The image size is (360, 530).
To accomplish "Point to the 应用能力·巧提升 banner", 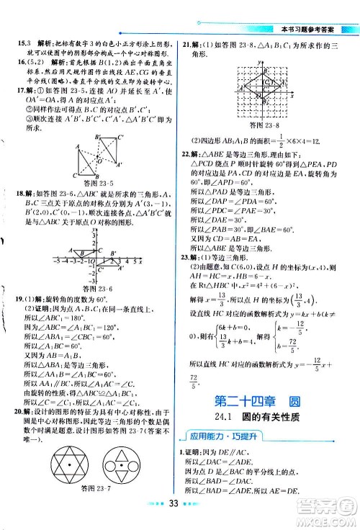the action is (213, 435).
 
